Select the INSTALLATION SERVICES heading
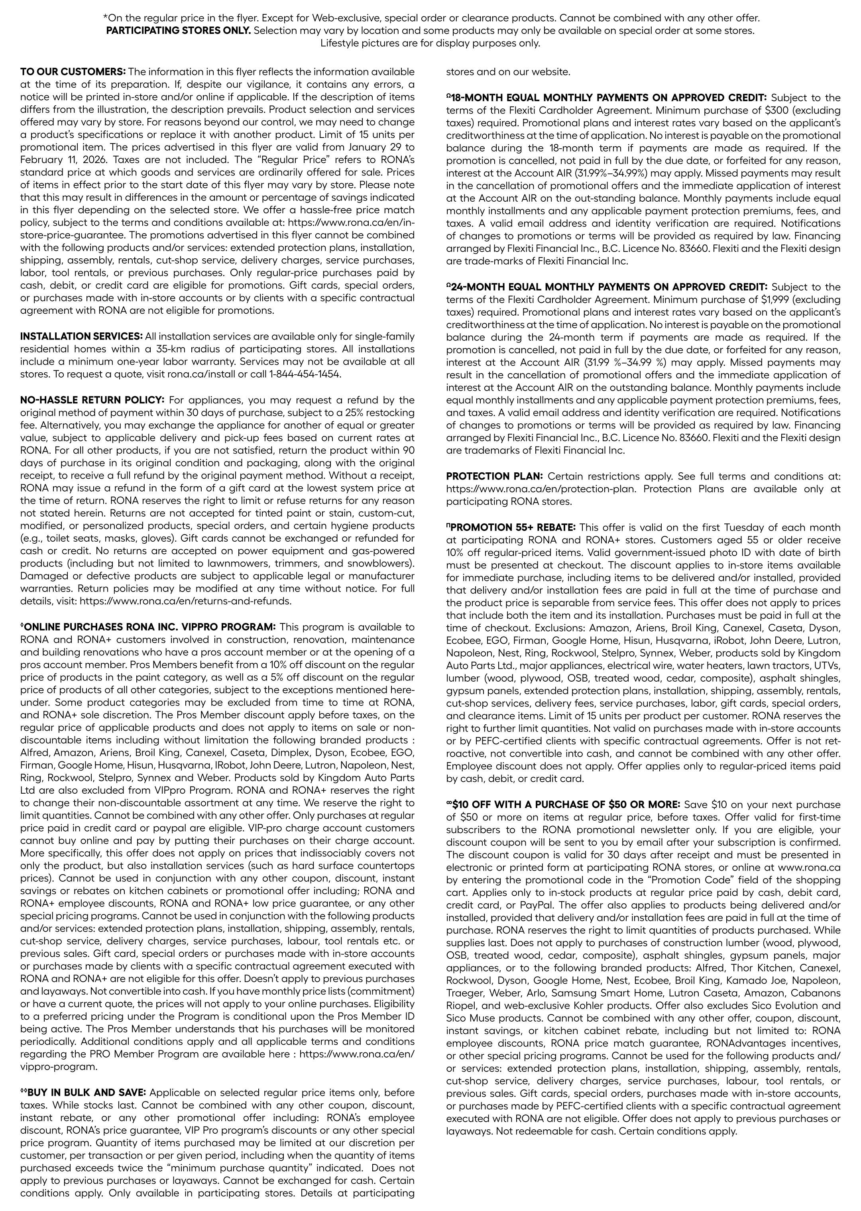tap(81, 336)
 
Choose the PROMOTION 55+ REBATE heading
tap(511, 527)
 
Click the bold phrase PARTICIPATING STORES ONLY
tap(178, 30)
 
